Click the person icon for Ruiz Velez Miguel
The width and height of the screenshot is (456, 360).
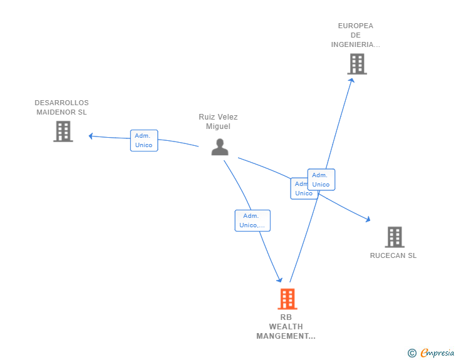[x=220, y=147]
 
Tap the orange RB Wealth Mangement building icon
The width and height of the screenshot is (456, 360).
[x=288, y=299]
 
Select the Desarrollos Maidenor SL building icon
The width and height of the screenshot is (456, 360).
[x=63, y=131]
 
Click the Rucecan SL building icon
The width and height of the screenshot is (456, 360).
[x=394, y=237]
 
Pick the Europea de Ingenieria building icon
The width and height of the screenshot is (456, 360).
[x=356, y=64]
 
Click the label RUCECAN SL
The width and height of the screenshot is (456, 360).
[x=393, y=255]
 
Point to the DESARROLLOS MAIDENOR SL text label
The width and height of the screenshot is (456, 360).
[x=61, y=108]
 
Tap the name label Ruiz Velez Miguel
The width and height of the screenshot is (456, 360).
[x=218, y=121]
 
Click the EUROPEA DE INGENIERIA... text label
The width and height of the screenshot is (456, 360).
[x=356, y=35]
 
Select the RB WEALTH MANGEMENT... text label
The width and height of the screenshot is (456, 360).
[x=286, y=327]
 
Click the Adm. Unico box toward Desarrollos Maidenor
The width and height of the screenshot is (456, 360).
[x=143, y=140]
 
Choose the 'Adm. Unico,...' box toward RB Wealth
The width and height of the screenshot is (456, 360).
[x=252, y=220]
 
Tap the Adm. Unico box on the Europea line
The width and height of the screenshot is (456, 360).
[x=321, y=180]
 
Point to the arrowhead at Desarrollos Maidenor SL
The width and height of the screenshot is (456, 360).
[x=91, y=136]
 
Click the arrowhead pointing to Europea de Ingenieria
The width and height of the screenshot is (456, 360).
[x=351, y=80]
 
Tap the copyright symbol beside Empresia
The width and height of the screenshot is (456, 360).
[x=412, y=353]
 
